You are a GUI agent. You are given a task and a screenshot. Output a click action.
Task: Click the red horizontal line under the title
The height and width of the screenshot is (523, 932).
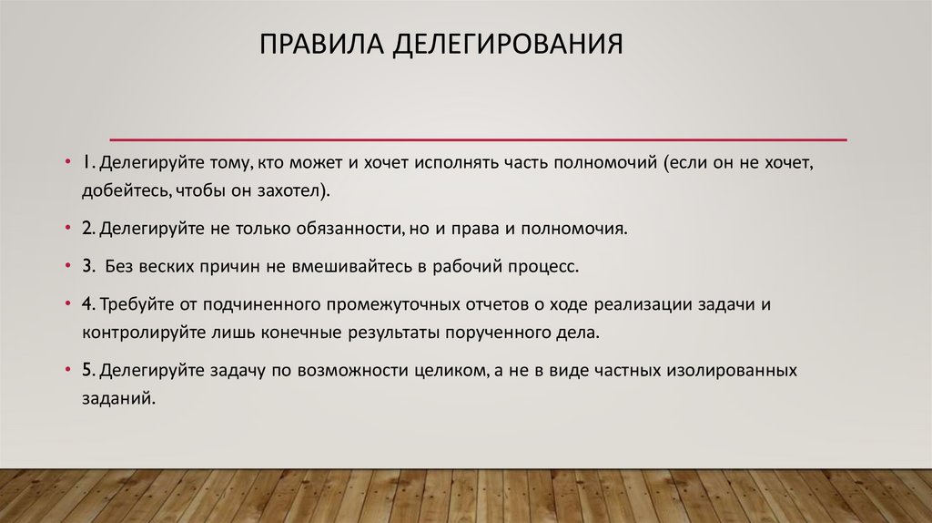pyautogui.click(x=478, y=139)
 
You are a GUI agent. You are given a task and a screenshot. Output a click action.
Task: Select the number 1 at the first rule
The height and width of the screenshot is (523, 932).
pyautogui.click(x=83, y=164)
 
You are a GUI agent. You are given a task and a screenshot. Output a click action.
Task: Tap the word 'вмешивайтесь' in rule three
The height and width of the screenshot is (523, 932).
pyautogui.click(x=352, y=268)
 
